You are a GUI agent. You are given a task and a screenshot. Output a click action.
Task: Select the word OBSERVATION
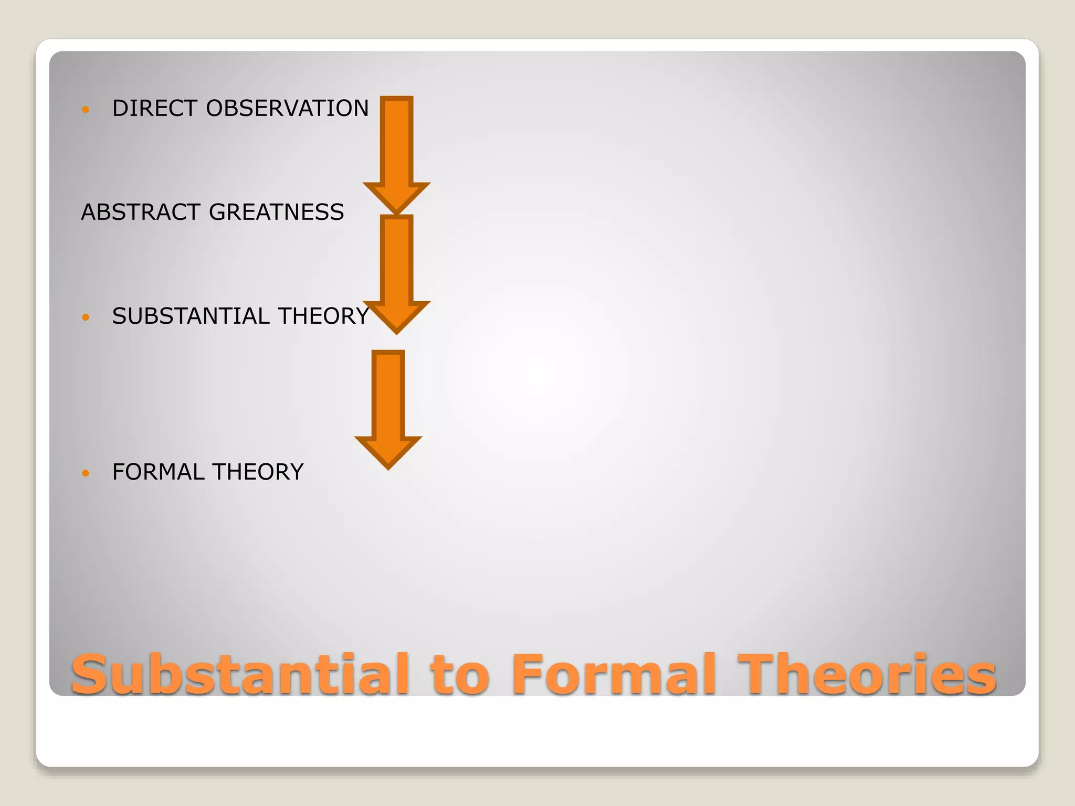[288, 108]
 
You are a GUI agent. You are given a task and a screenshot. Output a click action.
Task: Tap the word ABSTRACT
[140, 212]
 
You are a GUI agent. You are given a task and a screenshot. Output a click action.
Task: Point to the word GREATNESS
[277, 212]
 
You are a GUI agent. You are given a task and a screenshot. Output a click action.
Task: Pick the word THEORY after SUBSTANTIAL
[324, 316]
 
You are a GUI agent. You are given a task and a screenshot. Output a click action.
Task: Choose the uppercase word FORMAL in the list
[158, 472]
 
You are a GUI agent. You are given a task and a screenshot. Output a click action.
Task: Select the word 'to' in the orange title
[460, 675]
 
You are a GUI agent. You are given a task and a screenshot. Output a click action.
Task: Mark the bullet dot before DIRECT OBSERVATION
[86, 110]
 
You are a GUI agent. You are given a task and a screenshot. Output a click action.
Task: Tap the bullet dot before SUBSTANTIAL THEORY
[86, 317]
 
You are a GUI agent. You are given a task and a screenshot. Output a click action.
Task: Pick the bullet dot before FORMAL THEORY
[86, 473]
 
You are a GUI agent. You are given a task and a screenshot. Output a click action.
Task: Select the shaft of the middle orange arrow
[397, 259]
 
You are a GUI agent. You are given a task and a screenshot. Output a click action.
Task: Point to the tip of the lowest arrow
[388, 466]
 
